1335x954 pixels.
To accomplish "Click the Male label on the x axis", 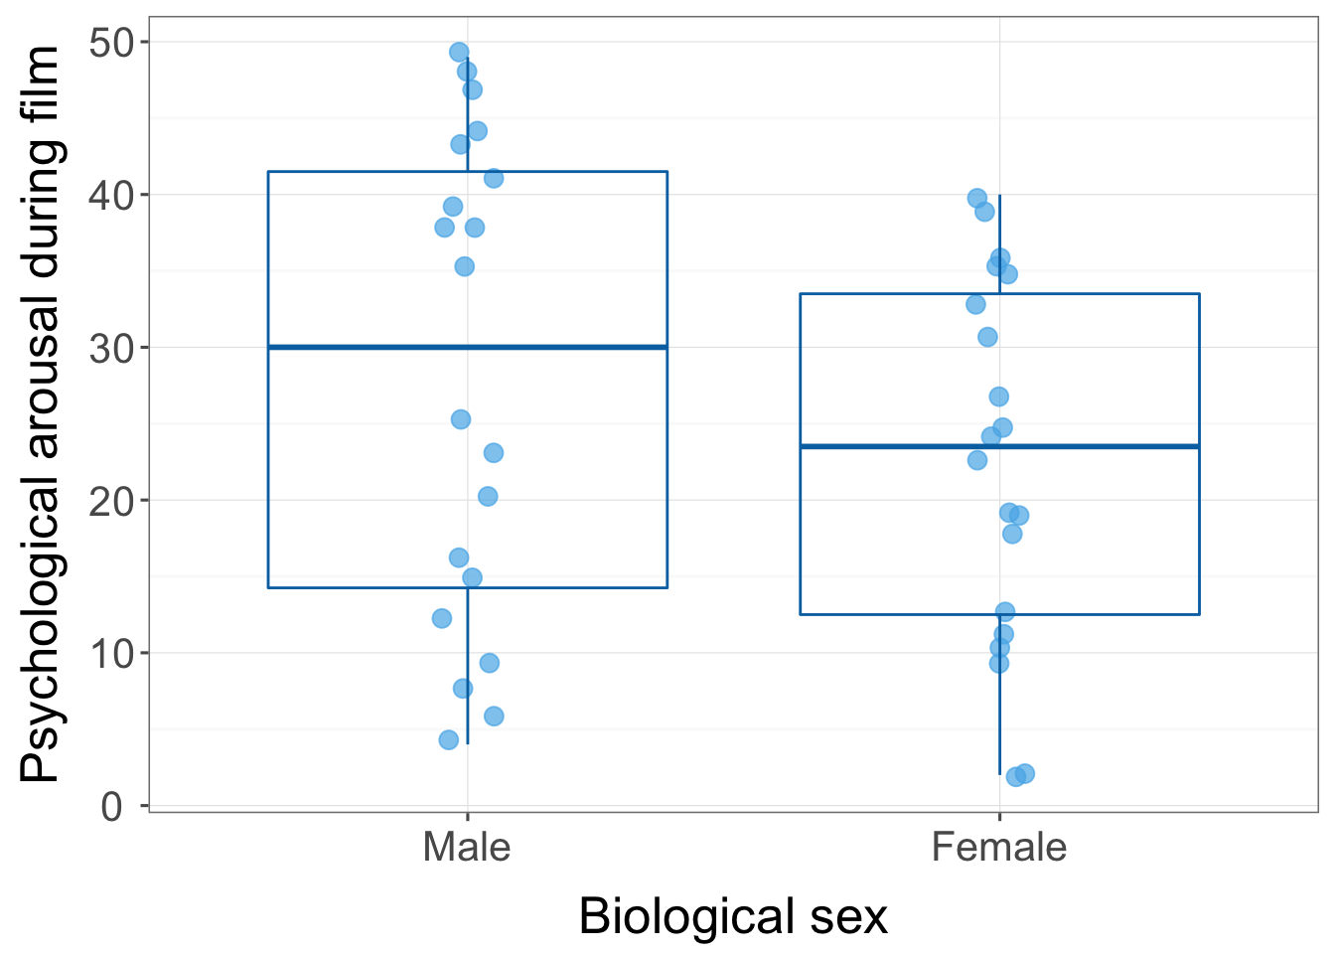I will [467, 848].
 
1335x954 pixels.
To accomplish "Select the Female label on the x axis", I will [999, 848].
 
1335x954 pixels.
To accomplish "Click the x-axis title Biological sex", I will [733, 916].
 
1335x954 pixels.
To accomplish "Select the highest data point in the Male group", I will [459, 53].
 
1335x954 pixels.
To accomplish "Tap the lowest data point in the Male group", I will [449, 739].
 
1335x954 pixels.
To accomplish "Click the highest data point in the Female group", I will [977, 199].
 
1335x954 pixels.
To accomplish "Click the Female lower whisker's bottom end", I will [999, 773].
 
